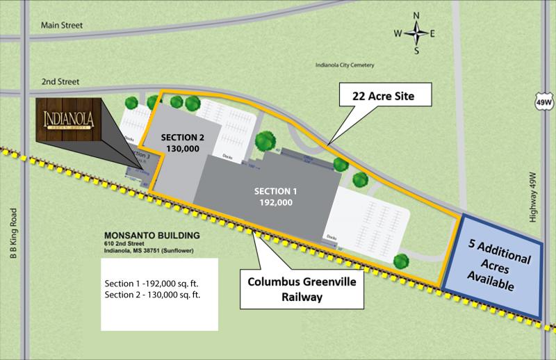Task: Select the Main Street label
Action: click(x=62, y=26)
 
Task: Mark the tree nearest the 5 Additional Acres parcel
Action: click(x=400, y=262)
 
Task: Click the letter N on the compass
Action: click(x=416, y=16)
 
